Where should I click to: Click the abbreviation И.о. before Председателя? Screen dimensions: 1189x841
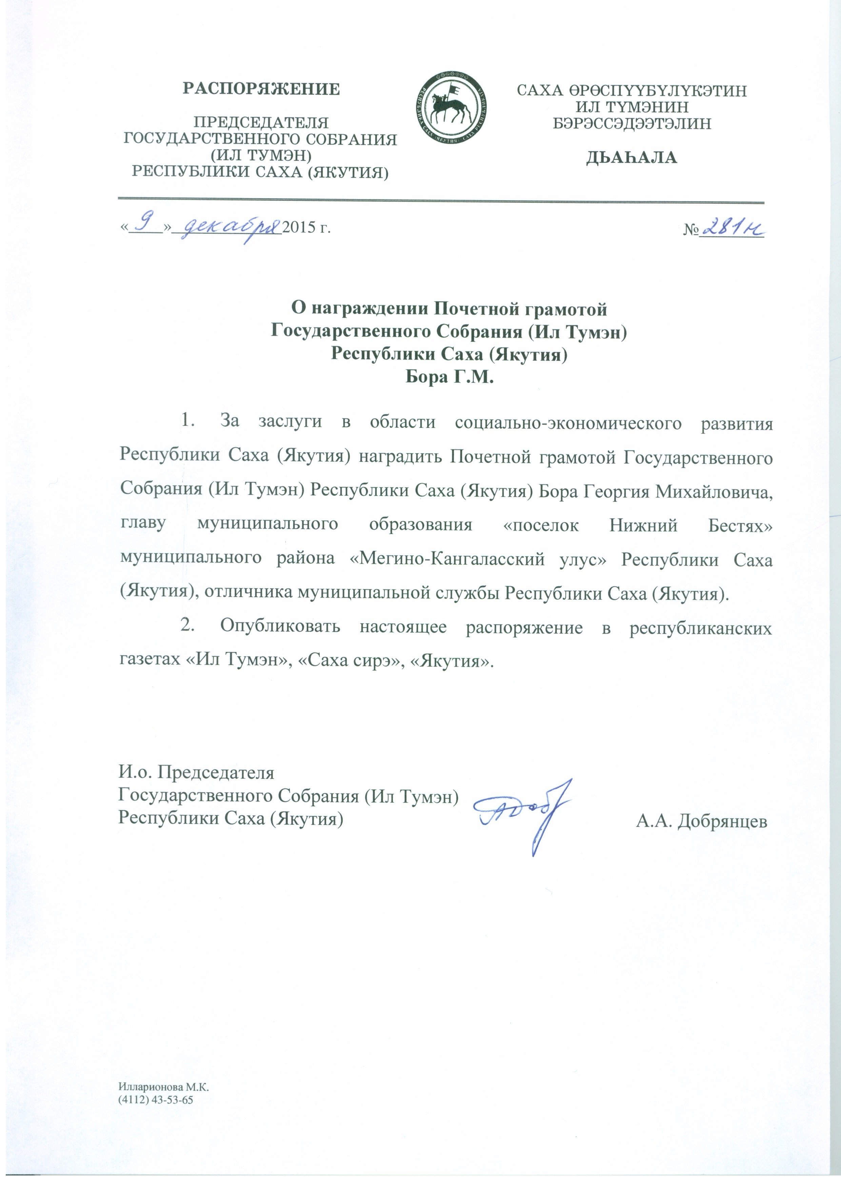(x=135, y=772)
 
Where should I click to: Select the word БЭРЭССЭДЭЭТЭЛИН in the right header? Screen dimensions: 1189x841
(x=632, y=124)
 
